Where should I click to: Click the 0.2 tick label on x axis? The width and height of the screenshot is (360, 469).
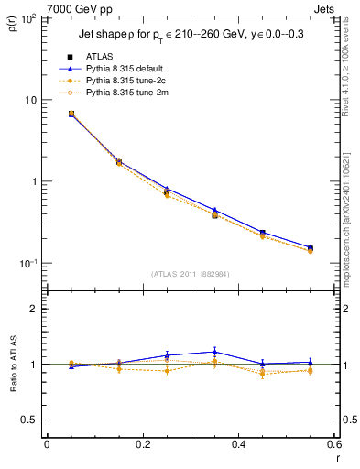(142, 445)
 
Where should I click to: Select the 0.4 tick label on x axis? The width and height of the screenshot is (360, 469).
(238, 445)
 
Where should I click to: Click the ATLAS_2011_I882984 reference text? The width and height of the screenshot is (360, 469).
(190, 274)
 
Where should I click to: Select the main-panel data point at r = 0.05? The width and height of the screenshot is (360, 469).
(71, 114)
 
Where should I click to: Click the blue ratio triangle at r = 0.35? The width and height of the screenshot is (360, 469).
(214, 352)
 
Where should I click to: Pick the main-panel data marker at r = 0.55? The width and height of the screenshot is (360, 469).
(311, 248)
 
